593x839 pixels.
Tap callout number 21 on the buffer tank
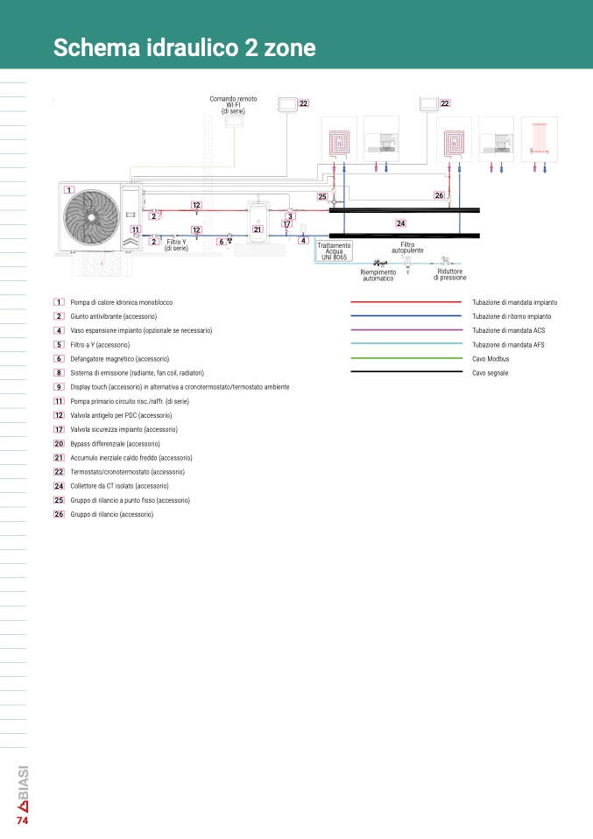(x=258, y=229)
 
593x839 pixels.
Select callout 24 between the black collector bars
(x=401, y=223)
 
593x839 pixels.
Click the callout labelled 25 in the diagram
(x=322, y=196)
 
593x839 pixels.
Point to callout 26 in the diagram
(x=440, y=195)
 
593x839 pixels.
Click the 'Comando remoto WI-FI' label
(x=233, y=105)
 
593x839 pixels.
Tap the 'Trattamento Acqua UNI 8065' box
(x=335, y=251)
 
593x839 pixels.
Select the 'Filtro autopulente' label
(x=407, y=247)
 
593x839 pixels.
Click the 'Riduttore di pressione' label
(x=450, y=274)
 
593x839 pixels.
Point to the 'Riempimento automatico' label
(x=378, y=276)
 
